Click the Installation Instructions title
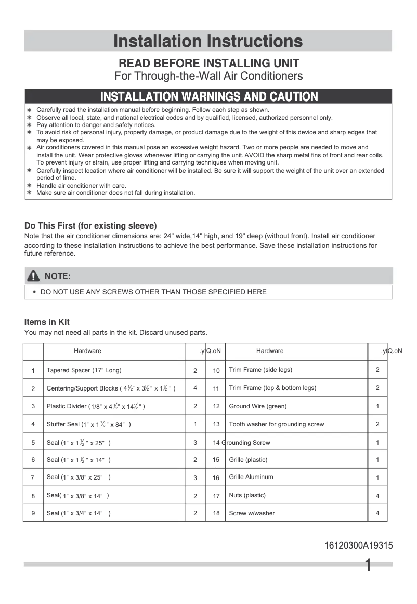point(208,41)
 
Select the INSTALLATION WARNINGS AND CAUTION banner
point(208,96)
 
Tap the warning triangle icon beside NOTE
point(34,276)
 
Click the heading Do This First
point(90,225)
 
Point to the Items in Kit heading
point(47,322)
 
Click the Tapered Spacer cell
point(84,370)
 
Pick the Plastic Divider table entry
point(96,406)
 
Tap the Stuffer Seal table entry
point(88,424)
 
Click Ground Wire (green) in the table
point(257,406)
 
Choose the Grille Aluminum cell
point(251,477)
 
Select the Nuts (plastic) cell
point(247,495)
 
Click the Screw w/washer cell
point(252,513)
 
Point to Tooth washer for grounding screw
point(276,424)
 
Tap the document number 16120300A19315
point(358,546)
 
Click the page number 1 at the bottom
point(368,565)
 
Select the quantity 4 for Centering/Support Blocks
point(195,388)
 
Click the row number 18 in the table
point(216,513)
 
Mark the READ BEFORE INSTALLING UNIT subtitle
point(209,64)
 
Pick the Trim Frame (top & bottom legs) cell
point(272,388)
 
